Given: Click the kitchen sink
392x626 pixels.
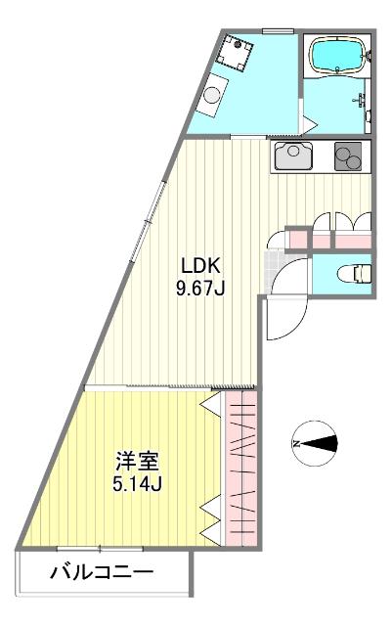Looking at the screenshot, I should pyautogui.click(x=294, y=155).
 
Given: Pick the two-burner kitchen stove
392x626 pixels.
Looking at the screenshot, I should pyautogui.click(x=347, y=156).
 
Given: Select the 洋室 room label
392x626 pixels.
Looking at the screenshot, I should pyautogui.click(x=136, y=461).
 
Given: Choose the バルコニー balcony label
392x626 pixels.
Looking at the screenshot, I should pyautogui.click(x=101, y=571).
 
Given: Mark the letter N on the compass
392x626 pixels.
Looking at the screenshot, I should pyautogui.click(x=296, y=446).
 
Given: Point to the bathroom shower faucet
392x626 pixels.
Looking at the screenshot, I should pyautogui.click(x=360, y=99).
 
